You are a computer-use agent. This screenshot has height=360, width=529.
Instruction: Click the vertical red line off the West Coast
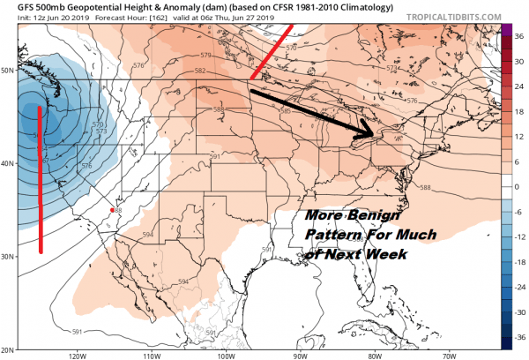pos(41,176)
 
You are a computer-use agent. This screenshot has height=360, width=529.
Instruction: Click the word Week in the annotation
pos(385,254)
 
